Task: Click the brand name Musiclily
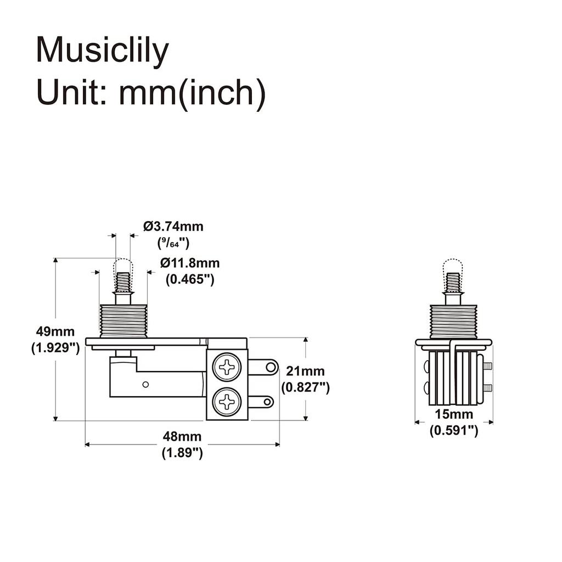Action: pyautogui.click(x=102, y=52)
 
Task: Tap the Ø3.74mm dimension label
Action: pyautogui.click(x=173, y=226)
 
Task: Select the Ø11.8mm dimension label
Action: pyautogui.click(x=190, y=263)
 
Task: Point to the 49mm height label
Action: pyautogui.click(x=55, y=331)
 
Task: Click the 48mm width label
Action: pyautogui.click(x=182, y=437)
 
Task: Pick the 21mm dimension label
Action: pyautogui.click(x=305, y=372)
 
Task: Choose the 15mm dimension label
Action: pyautogui.click(x=453, y=414)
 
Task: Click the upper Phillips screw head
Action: pyautogui.click(x=227, y=366)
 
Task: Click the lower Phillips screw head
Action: pyautogui.click(x=227, y=403)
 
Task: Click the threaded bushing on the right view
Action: pyautogui.click(x=453, y=322)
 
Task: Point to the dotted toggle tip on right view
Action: pyautogui.click(x=453, y=266)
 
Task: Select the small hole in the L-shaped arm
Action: pyautogui.click(x=145, y=384)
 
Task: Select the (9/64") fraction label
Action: pyautogui.click(x=173, y=241)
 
